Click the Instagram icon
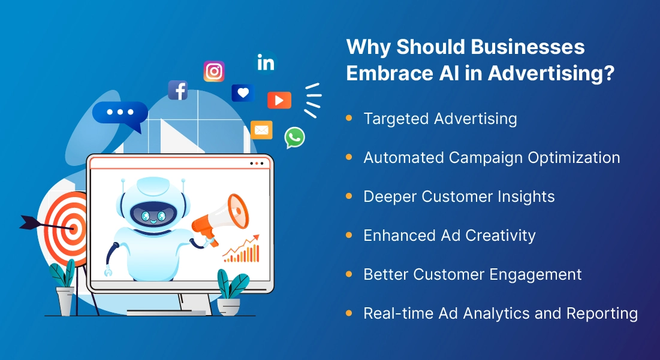click(214, 71)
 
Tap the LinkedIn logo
click(266, 63)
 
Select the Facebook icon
click(177, 90)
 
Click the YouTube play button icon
click(279, 100)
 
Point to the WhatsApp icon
click(295, 137)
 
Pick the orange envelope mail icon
click(261, 130)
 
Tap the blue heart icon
click(243, 93)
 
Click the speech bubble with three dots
click(120, 114)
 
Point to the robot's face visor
click(152, 214)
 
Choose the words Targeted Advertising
click(440, 119)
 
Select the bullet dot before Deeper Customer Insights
click(349, 196)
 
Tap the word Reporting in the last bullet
click(602, 313)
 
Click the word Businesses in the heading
click(528, 46)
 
